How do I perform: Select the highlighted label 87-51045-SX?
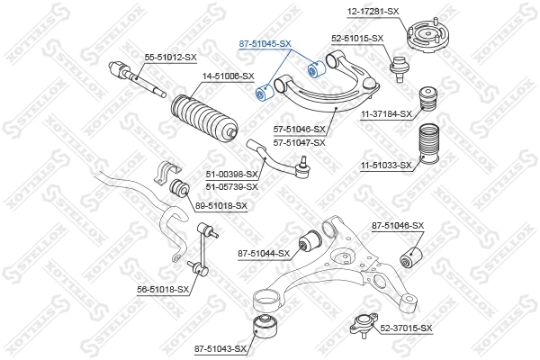click(265, 42)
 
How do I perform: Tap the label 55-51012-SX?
click(171, 58)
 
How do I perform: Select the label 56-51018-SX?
click(163, 289)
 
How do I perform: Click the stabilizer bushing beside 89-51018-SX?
click(179, 189)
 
